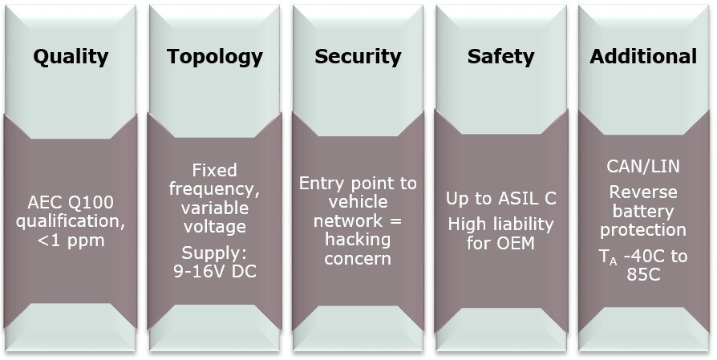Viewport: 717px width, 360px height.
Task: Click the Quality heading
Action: tap(71, 57)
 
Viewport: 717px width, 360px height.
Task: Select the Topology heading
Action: tap(214, 57)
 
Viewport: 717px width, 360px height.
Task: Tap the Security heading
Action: tap(358, 57)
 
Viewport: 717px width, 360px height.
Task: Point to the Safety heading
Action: tap(500, 57)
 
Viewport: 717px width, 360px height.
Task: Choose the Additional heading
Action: tap(643, 57)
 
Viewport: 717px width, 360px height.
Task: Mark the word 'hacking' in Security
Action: tap(358, 240)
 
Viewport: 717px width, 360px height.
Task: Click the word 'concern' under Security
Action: tap(358, 258)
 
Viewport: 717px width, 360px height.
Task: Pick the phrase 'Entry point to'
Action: tap(358, 184)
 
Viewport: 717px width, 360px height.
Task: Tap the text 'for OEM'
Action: tap(500, 241)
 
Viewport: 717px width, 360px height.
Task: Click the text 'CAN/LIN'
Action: tap(643, 167)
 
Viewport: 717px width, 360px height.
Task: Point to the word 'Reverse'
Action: tap(643, 192)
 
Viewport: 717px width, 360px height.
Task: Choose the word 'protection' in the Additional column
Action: tap(643, 230)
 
